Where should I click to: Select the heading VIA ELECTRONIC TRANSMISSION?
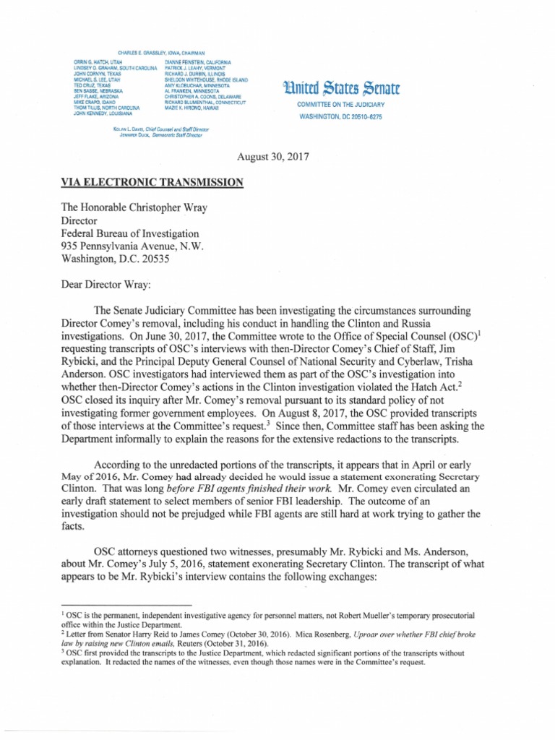[152, 183]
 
